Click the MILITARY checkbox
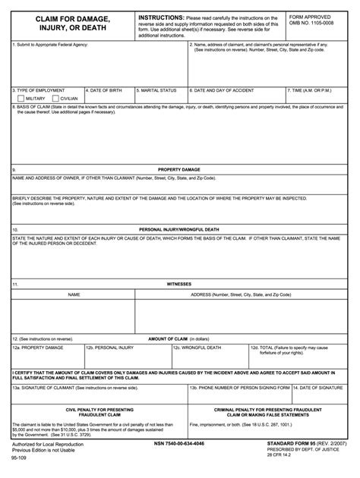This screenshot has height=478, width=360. pyautogui.click(x=20, y=99)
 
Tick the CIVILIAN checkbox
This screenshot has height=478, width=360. pyautogui.click(x=55, y=99)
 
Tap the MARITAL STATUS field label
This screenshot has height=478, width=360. pyautogui.click(x=157, y=90)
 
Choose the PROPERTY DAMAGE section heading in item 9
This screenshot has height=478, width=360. pyautogui.click(x=179, y=169)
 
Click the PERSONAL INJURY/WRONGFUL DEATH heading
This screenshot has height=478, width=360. pyautogui.click(x=179, y=228)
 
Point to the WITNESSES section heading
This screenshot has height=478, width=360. pyautogui.click(x=179, y=285)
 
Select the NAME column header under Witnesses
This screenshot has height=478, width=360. pyautogui.click(x=74, y=294)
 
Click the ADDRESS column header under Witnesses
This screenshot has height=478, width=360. pyautogui.click(x=241, y=294)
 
